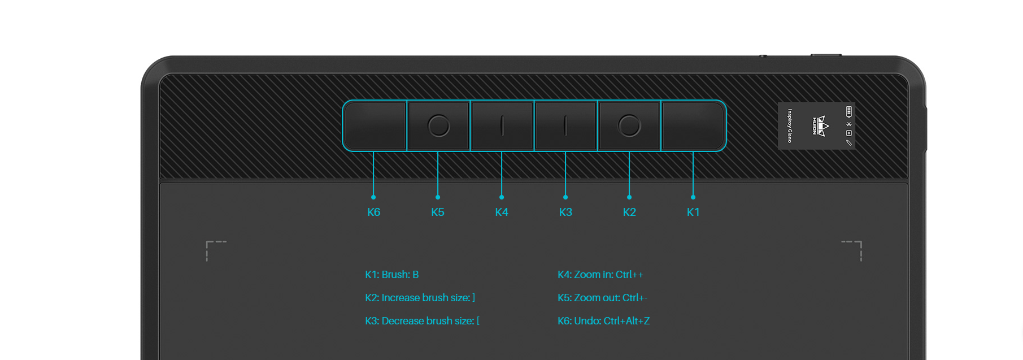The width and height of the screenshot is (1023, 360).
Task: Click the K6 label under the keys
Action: tap(373, 212)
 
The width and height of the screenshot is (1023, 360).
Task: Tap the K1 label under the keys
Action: tap(693, 212)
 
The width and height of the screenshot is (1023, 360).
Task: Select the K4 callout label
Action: tap(502, 212)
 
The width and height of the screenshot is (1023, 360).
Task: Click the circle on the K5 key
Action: tap(439, 125)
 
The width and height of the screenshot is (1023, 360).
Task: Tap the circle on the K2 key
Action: tap(629, 125)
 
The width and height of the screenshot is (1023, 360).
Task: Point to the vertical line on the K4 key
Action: tap(502, 125)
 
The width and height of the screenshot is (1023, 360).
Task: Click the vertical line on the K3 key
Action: tap(565, 125)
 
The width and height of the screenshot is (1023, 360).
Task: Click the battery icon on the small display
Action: tap(848, 112)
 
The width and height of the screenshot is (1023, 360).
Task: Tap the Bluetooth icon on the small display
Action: tap(848, 124)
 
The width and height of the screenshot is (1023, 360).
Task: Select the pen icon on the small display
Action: tap(848, 142)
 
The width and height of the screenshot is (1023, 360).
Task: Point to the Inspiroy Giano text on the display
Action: tap(790, 125)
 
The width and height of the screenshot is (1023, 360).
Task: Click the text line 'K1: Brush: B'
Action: tap(391, 275)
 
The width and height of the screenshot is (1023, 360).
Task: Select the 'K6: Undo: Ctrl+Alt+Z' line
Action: tap(603, 321)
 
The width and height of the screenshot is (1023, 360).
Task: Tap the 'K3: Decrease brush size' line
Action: tap(422, 321)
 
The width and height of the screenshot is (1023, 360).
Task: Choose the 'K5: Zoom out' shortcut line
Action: tap(602, 298)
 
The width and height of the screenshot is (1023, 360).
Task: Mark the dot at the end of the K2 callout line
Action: tap(629, 197)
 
